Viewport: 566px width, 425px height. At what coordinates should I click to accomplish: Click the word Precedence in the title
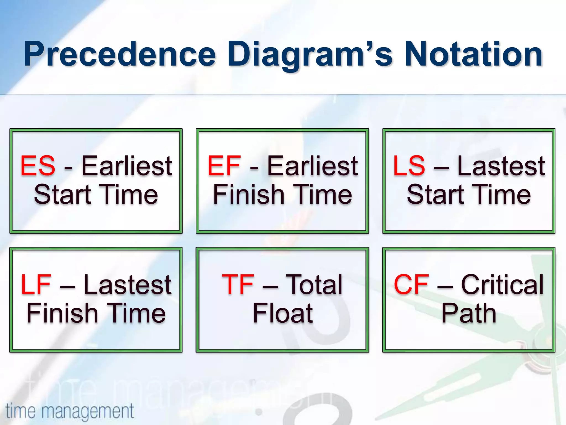[x=119, y=54]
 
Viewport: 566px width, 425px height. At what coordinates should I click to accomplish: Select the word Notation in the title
[x=473, y=54]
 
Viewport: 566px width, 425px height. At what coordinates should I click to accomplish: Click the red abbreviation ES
[x=38, y=166]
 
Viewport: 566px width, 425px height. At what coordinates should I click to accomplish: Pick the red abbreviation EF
[x=224, y=166]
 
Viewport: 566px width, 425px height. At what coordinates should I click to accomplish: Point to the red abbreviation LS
[x=409, y=166]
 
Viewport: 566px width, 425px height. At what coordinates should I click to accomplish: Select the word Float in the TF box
[x=283, y=313]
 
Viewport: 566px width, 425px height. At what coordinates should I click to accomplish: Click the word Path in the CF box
[x=469, y=313]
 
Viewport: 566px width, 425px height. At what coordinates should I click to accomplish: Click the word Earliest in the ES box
[x=127, y=166]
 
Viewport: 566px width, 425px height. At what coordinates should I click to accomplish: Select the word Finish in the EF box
[x=249, y=195]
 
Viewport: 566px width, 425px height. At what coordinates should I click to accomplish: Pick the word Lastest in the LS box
[x=501, y=166]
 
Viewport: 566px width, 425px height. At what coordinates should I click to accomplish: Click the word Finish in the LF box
[x=62, y=313]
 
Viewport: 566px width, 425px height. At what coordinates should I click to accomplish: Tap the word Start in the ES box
[x=62, y=195]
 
